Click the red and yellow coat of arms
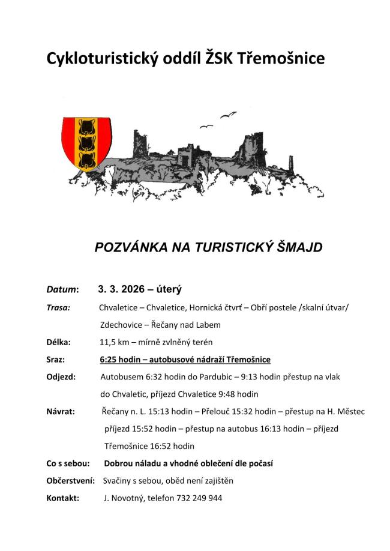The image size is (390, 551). point(88,144)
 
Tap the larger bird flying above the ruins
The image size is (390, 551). point(229,114)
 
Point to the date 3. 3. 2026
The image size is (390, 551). point(122,289)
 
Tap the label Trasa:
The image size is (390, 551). point(58,307)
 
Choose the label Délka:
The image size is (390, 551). point(58,342)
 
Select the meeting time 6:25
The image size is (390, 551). point(110,360)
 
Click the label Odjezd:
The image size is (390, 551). point(61,377)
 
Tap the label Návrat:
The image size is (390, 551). point(61,412)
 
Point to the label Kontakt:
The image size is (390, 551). point(63,498)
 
